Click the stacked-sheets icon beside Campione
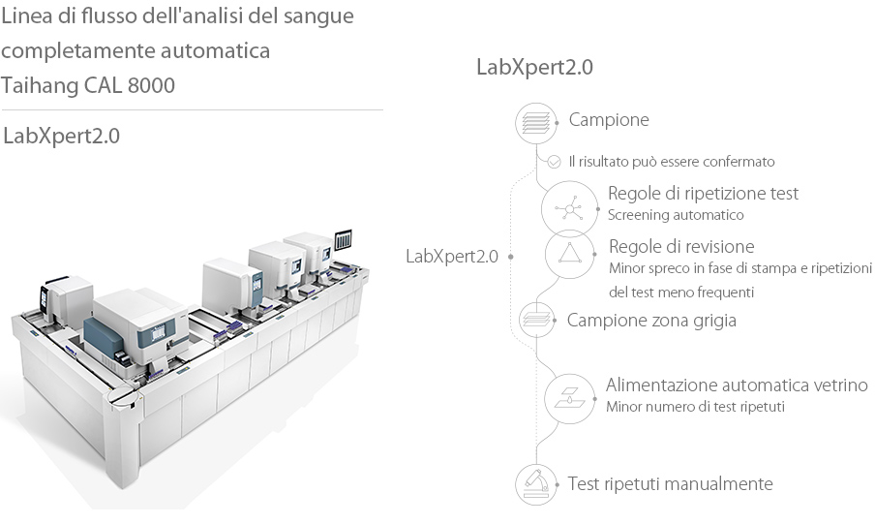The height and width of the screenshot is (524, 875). (x=535, y=122)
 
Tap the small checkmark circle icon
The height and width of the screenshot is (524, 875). (x=554, y=162)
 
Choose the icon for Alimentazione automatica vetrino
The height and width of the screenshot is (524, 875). (x=569, y=396)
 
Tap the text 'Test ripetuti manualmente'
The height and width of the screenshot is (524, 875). (x=670, y=484)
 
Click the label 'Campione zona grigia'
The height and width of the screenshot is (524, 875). (x=651, y=320)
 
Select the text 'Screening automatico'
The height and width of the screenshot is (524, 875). (x=675, y=215)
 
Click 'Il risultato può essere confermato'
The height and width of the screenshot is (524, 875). (x=671, y=162)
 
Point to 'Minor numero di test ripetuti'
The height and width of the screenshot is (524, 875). (x=695, y=407)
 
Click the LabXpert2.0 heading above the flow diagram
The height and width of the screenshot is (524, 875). (x=534, y=68)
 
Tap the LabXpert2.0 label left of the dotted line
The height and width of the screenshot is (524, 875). (x=452, y=257)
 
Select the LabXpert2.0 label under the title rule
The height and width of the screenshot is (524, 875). (x=62, y=136)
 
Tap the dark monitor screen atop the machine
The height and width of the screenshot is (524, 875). (x=344, y=238)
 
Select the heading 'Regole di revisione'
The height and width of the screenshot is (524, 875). (x=681, y=246)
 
